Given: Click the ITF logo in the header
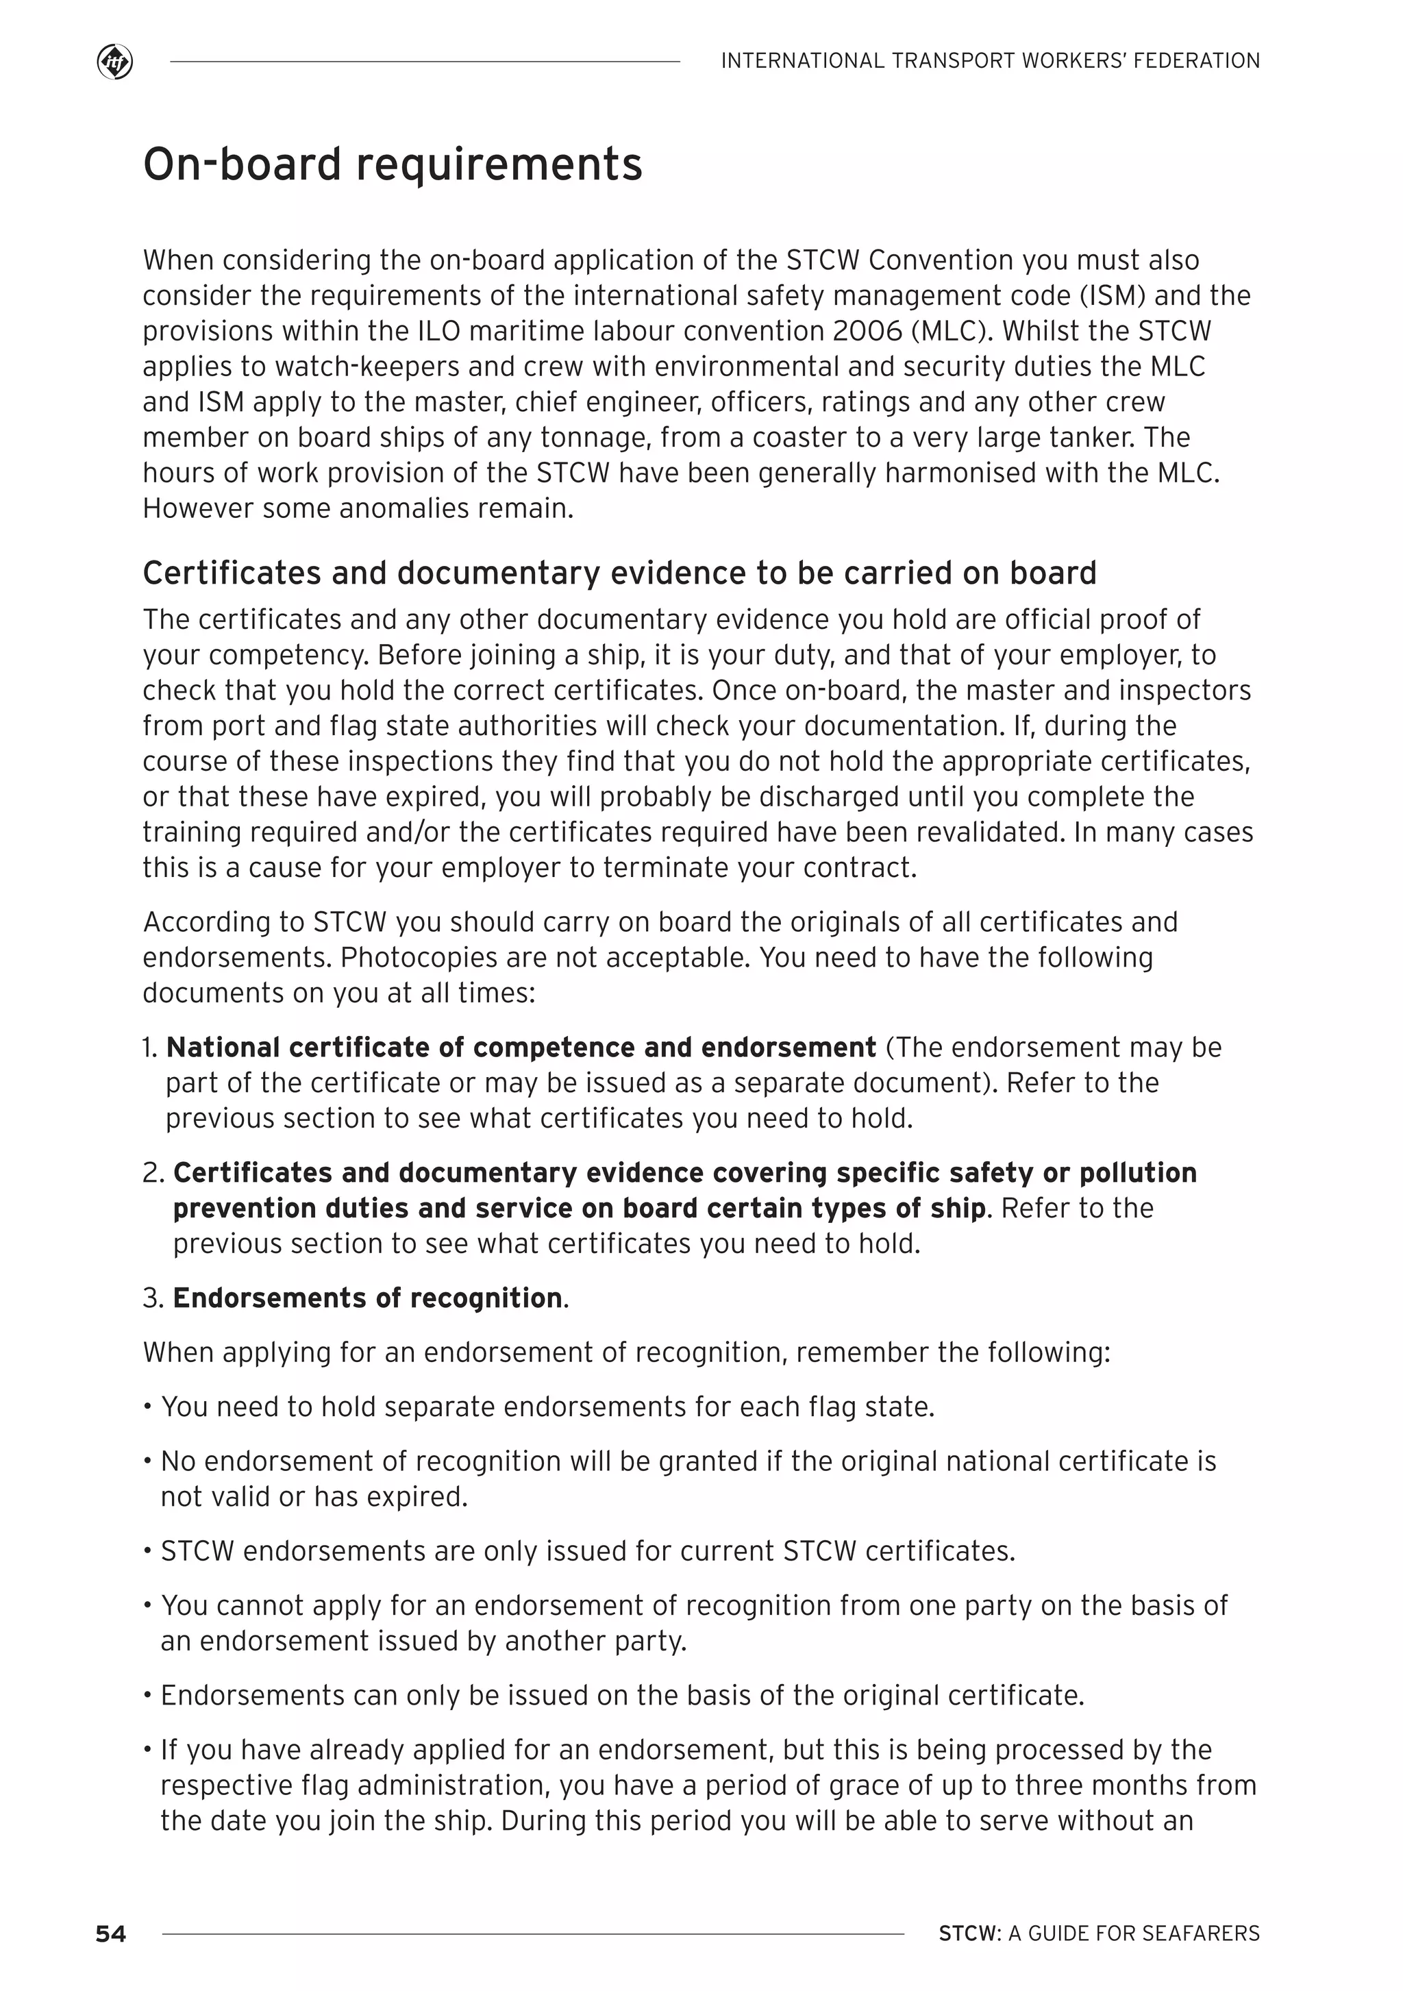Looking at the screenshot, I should (114, 62).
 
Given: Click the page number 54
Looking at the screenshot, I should (111, 1933).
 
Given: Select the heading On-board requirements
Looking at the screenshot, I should (392, 164).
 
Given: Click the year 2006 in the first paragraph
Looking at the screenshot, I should (858, 331).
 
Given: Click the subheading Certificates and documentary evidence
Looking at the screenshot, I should (619, 573).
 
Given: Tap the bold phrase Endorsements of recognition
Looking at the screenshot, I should (368, 1298).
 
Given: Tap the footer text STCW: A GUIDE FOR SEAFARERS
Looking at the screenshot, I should (1099, 1933).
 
